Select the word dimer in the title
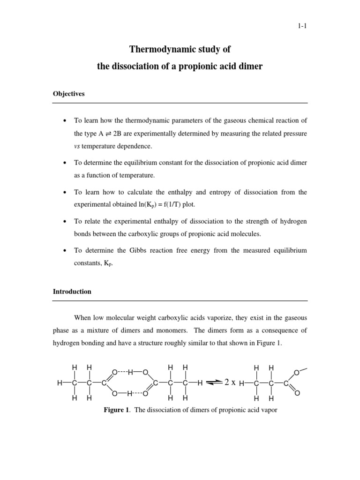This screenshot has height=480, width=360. (x=251, y=67)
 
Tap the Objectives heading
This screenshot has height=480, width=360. (x=68, y=94)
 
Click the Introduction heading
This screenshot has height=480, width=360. (x=72, y=292)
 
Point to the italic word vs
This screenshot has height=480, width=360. (x=77, y=146)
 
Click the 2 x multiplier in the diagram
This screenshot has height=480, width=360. (x=230, y=382)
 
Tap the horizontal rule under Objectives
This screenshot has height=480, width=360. (x=180, y=103)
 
